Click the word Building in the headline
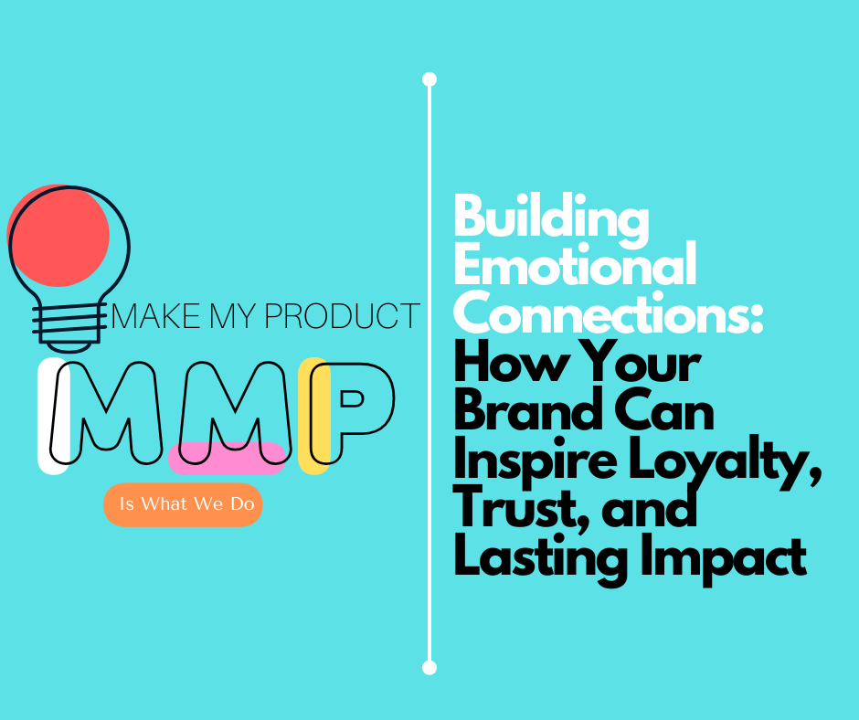pyautogui.click(x=551, y=219)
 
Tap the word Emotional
pyautogui.click(x=575, y=266)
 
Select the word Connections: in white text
pyautogui.click(x=609, y=313)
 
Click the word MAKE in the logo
pyautogui.click(x=148, y=316)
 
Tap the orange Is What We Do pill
pyautogui.click(x=183, y=504)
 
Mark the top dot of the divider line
pyautogui.click(x=429, y=79)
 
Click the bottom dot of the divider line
pyautogui.click(x=429, y=667)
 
